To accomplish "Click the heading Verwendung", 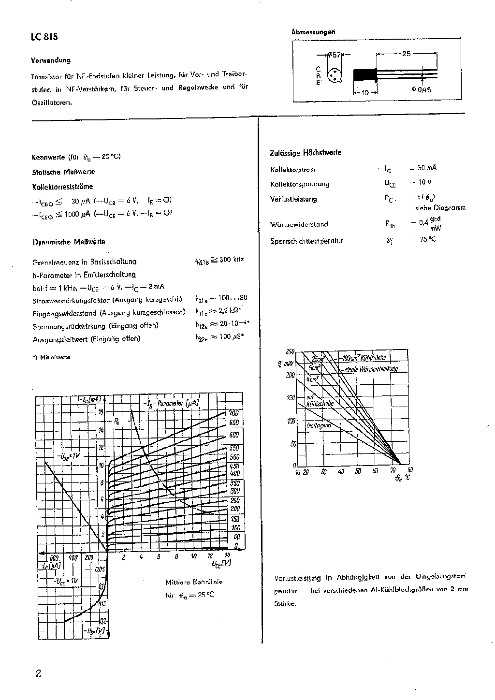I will (51, 60).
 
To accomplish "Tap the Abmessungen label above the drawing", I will (313, 32).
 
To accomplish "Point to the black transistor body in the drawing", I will (365, 75).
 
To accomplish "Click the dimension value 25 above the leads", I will (406, 54).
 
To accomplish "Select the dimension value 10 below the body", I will (365, 92).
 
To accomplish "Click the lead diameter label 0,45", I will (424, 89).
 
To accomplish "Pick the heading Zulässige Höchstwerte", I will (306, 153).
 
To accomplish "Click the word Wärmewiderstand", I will (299, 224).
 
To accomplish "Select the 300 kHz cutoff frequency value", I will (232, 260).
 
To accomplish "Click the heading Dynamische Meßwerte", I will (69, 242).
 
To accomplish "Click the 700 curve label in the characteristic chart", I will (234, 413).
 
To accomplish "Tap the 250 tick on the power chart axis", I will (290, 351).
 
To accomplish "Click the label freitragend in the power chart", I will (319, 425).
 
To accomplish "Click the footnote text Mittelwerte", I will (55, 357).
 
